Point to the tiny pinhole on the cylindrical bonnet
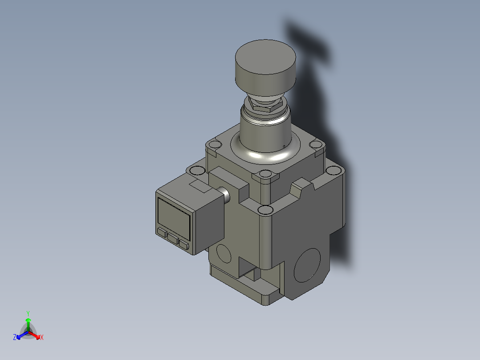coord(284,145)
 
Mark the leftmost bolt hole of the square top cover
coord(215,145)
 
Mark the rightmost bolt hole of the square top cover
coord(316,144)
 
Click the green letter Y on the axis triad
coord(28,313)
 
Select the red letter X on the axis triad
coord(42,338)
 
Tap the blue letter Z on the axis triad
coord(15,337)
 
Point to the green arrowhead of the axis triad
coord(28,320)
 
